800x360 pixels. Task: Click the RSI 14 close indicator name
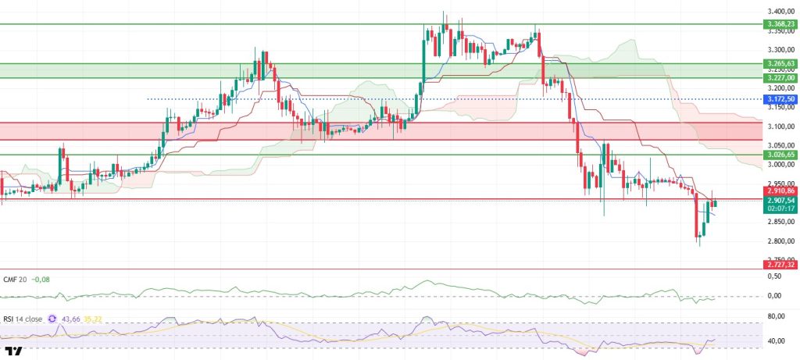click(23, 319)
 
